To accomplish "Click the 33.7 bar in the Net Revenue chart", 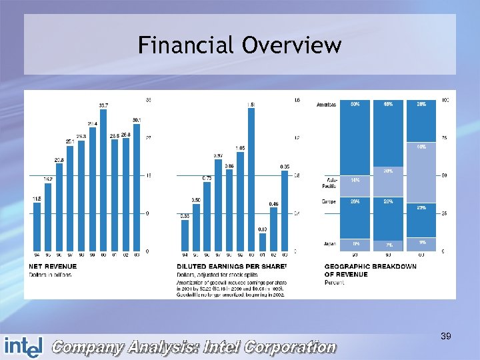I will [x=103, y=180].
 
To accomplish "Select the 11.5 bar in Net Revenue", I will [x=37, y=227].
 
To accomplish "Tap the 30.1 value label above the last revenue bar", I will [x=136, y=120].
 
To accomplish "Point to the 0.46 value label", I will [x=273, y=203].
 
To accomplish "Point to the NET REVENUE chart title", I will [x=54, y=267].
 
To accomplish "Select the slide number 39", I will [x=446, y=337].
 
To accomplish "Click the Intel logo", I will [x=23, y=346].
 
